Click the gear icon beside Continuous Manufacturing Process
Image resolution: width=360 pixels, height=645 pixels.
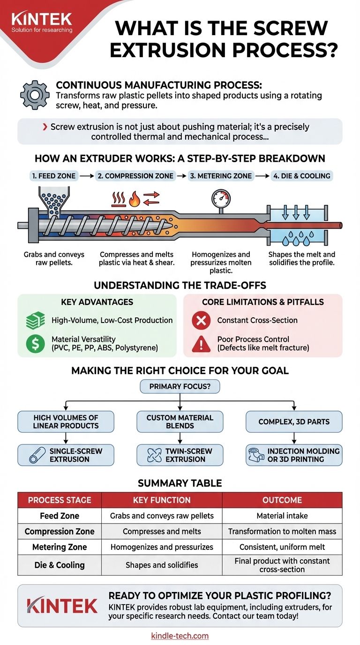(x=35, y=94)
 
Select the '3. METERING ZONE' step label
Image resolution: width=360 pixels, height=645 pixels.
(x=220, y=176)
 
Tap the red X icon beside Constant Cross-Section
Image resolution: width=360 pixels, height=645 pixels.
(x=201, y=321)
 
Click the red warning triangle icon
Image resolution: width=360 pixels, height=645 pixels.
(x=201, y=344)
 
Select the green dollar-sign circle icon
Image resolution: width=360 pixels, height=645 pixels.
(x=35, y=344)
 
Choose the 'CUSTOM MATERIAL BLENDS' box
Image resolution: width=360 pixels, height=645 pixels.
(x=180, y=421)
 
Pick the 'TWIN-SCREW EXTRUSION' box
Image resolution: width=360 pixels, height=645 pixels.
(x=180, y=455)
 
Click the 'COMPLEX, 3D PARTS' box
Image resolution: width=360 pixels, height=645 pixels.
(x=294, y=421)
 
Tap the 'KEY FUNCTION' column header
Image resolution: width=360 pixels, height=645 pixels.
(x=162, y=500)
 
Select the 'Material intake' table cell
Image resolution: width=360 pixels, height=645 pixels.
(x=282, y=516)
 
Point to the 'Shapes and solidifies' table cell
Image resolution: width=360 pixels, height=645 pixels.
(x=162, y=565)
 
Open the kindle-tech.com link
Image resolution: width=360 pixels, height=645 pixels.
(x=180, y=636)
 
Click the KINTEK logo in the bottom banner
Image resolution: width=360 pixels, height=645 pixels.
(x=62, y=605)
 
